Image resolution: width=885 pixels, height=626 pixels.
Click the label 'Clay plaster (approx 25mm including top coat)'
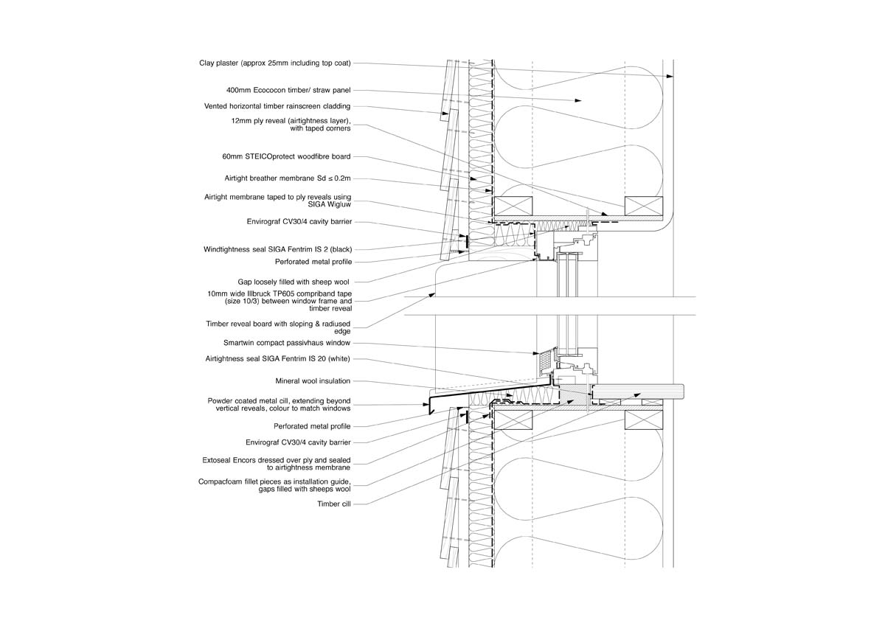[x=274, y=63]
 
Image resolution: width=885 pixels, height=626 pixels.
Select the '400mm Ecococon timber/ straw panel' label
[x=288, y=91]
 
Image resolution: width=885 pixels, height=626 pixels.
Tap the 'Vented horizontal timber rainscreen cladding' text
[x=277, y=106]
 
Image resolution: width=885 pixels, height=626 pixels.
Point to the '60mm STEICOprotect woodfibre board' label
[x=286, y=156]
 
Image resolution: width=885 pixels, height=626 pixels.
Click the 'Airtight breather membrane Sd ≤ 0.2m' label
[x=287, y=178]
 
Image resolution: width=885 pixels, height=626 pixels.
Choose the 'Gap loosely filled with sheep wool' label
[x=294, y=282]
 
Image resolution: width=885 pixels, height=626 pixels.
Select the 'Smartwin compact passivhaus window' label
[x=287, y=343]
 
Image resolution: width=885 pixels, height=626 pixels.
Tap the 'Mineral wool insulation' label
[x=313, y=381]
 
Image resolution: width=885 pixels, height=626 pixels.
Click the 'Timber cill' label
[x=334, y=504]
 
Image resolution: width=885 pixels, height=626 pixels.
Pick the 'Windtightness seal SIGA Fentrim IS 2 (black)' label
[x=278, y=250]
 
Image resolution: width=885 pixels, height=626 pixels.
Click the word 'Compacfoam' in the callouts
[x=219, y=481]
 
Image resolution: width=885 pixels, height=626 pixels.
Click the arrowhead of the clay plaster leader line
[x=670, y=76]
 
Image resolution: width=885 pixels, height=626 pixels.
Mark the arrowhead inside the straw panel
[x=578, y=101]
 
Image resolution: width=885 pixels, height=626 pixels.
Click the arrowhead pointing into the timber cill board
[x=637, y=394]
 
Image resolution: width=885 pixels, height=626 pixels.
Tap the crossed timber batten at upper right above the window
[x=644, y=206]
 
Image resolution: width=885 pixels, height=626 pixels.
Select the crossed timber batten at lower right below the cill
[x=644, y=420]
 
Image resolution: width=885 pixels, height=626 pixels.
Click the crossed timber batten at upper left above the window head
[x=513, y=206]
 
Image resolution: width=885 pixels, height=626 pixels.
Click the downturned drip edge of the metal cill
[x=429, y=408]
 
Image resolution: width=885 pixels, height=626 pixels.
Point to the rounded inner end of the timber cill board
[x=682, y=396]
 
